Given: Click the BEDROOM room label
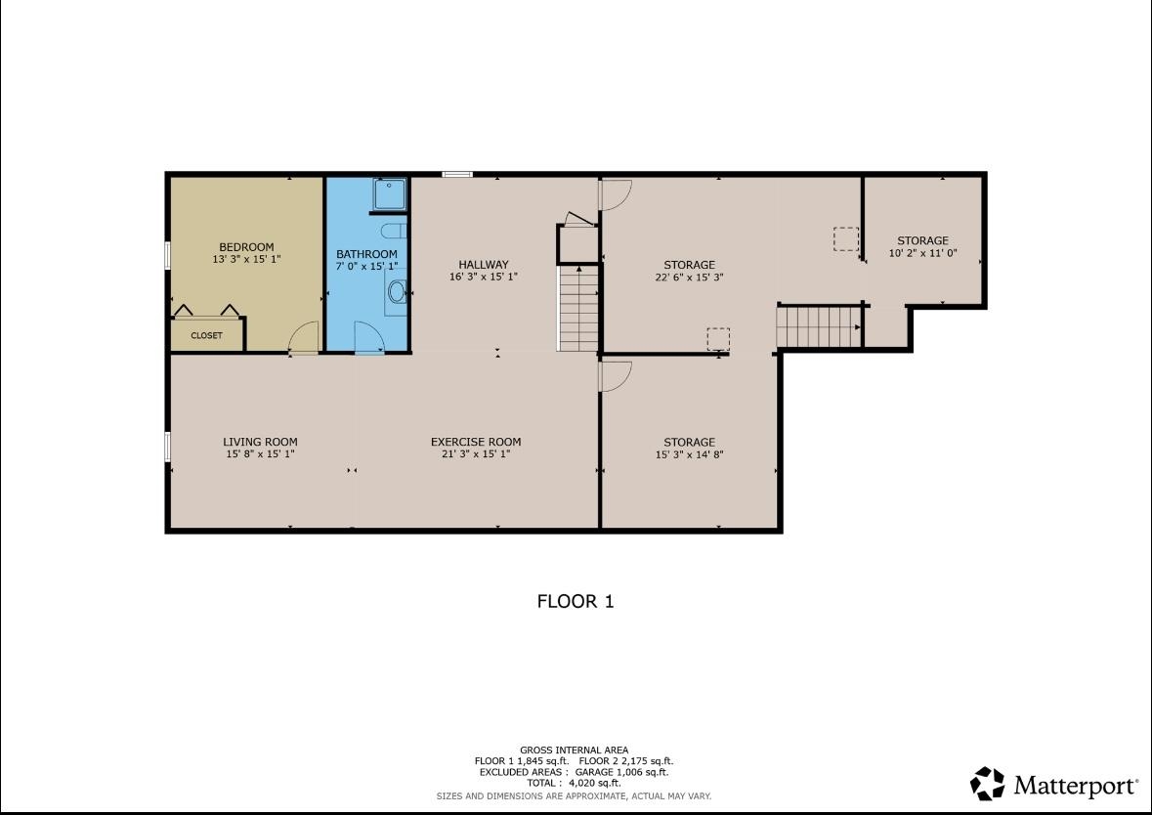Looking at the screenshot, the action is point(246,247).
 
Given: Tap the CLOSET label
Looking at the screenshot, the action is point(206,335).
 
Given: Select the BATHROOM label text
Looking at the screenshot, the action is point(366,254).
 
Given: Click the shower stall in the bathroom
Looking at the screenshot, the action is point(389,194).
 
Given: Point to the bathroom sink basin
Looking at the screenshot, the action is point(397,292).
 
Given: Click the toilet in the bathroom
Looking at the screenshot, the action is point(394,231).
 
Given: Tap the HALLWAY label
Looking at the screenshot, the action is point(484,265).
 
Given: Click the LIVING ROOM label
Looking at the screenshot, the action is point(260,442).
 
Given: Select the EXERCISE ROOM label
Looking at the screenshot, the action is point(476,442).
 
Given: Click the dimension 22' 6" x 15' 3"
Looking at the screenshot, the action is point(689,278).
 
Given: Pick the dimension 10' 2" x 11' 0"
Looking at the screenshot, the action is point(922,253).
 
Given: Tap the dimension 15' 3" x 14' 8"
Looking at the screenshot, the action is point(689,454).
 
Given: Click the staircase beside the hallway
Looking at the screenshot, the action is point(579,308).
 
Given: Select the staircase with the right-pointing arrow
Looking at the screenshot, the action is point(819,327).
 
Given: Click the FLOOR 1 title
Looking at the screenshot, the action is point(576,601).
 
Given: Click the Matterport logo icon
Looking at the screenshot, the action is point(988,784).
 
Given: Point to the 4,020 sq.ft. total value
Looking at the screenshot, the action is point(595,784).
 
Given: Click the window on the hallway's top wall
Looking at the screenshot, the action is point(457,174).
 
